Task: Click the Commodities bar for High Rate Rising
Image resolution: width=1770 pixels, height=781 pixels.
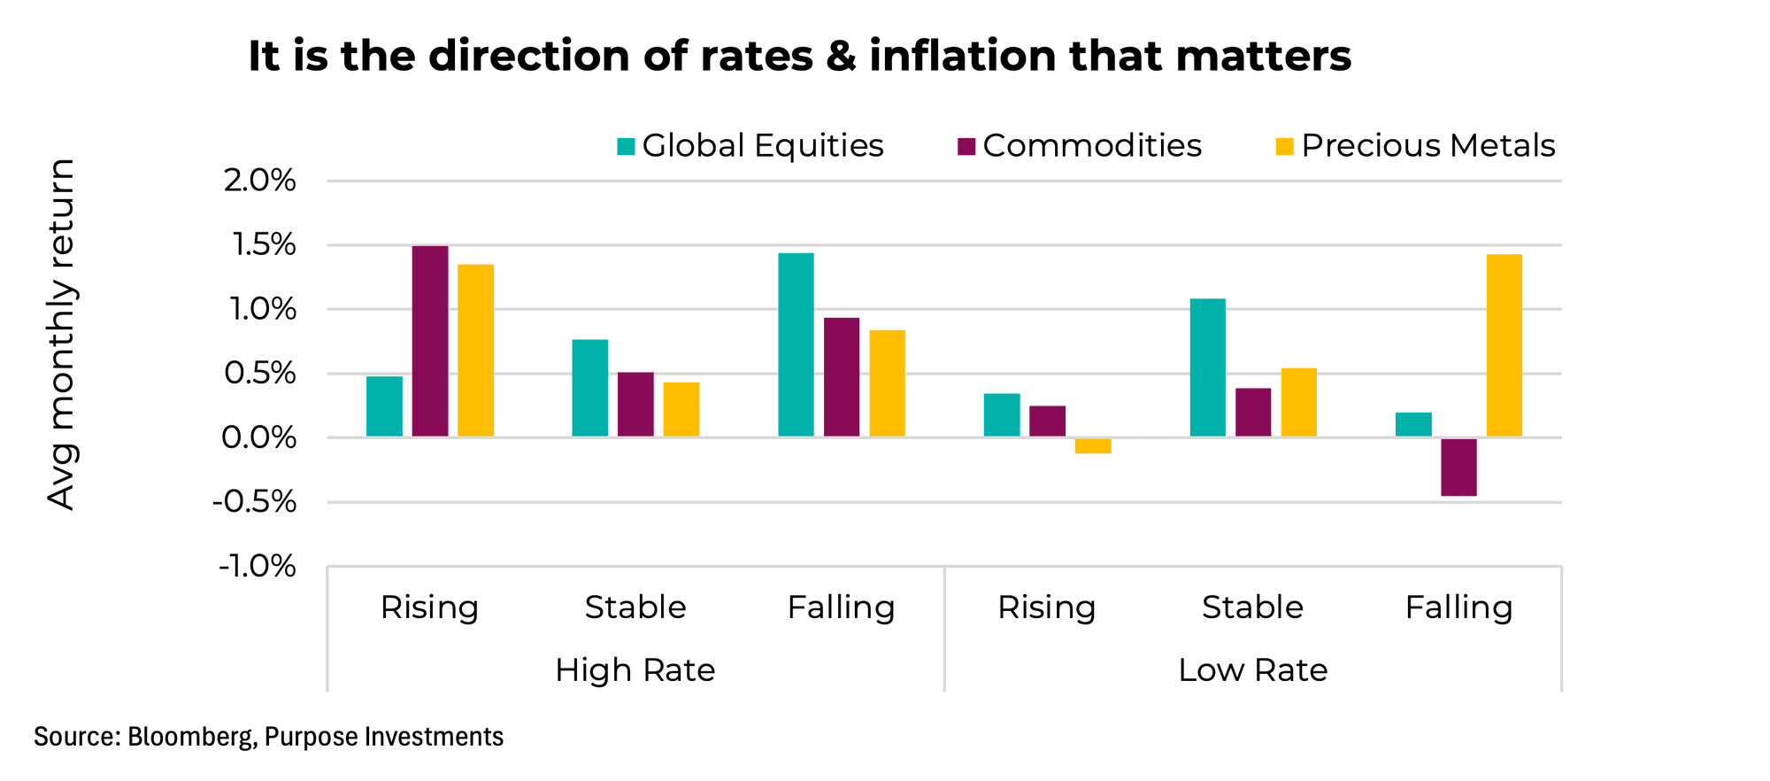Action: coord(430,341)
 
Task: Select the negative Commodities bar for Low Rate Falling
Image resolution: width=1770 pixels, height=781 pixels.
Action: coord(1458,467)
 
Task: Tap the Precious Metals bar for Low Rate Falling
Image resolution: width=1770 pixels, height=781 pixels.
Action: coord(1504,345)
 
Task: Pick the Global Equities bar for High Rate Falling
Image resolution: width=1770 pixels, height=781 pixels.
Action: coord(796,344)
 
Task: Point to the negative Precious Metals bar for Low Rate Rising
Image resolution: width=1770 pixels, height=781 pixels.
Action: coord(1093,445)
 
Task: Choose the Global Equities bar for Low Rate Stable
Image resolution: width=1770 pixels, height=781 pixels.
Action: coord(1207,367)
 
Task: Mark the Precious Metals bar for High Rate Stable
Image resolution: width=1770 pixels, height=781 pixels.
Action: coord(681,409)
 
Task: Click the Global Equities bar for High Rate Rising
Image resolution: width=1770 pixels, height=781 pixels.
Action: coord(384,406)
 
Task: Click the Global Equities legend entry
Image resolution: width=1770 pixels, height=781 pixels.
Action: coord(750,146)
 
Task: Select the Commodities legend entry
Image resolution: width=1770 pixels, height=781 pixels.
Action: coord(1080,146)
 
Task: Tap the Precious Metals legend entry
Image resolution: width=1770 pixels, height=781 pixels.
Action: coord(1415,146)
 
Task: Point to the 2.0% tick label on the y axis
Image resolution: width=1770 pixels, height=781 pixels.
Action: coord(259,182)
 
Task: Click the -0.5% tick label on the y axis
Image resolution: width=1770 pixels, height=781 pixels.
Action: coord(254,502)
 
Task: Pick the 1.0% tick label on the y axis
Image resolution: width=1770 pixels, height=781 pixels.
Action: coord(259,310)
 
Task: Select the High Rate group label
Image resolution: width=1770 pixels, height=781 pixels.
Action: coord(635,670)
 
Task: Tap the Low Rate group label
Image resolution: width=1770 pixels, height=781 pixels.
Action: coord(1252,670)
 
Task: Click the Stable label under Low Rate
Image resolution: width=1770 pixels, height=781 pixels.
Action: coord(1252,607)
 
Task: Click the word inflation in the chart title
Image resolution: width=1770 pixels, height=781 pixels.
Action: coord(963,56)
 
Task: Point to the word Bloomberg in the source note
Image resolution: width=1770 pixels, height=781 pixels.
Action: coord(189,737)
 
